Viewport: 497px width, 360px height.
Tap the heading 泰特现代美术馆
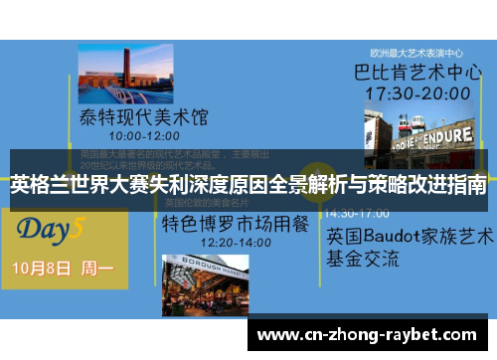pos(145,117)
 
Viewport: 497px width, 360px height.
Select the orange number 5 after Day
pos(79,228)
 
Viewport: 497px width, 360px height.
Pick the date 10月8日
pos(43,268)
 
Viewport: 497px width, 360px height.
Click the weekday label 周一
pos(97,268)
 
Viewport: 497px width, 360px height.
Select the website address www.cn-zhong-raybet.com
pos(367,335)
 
